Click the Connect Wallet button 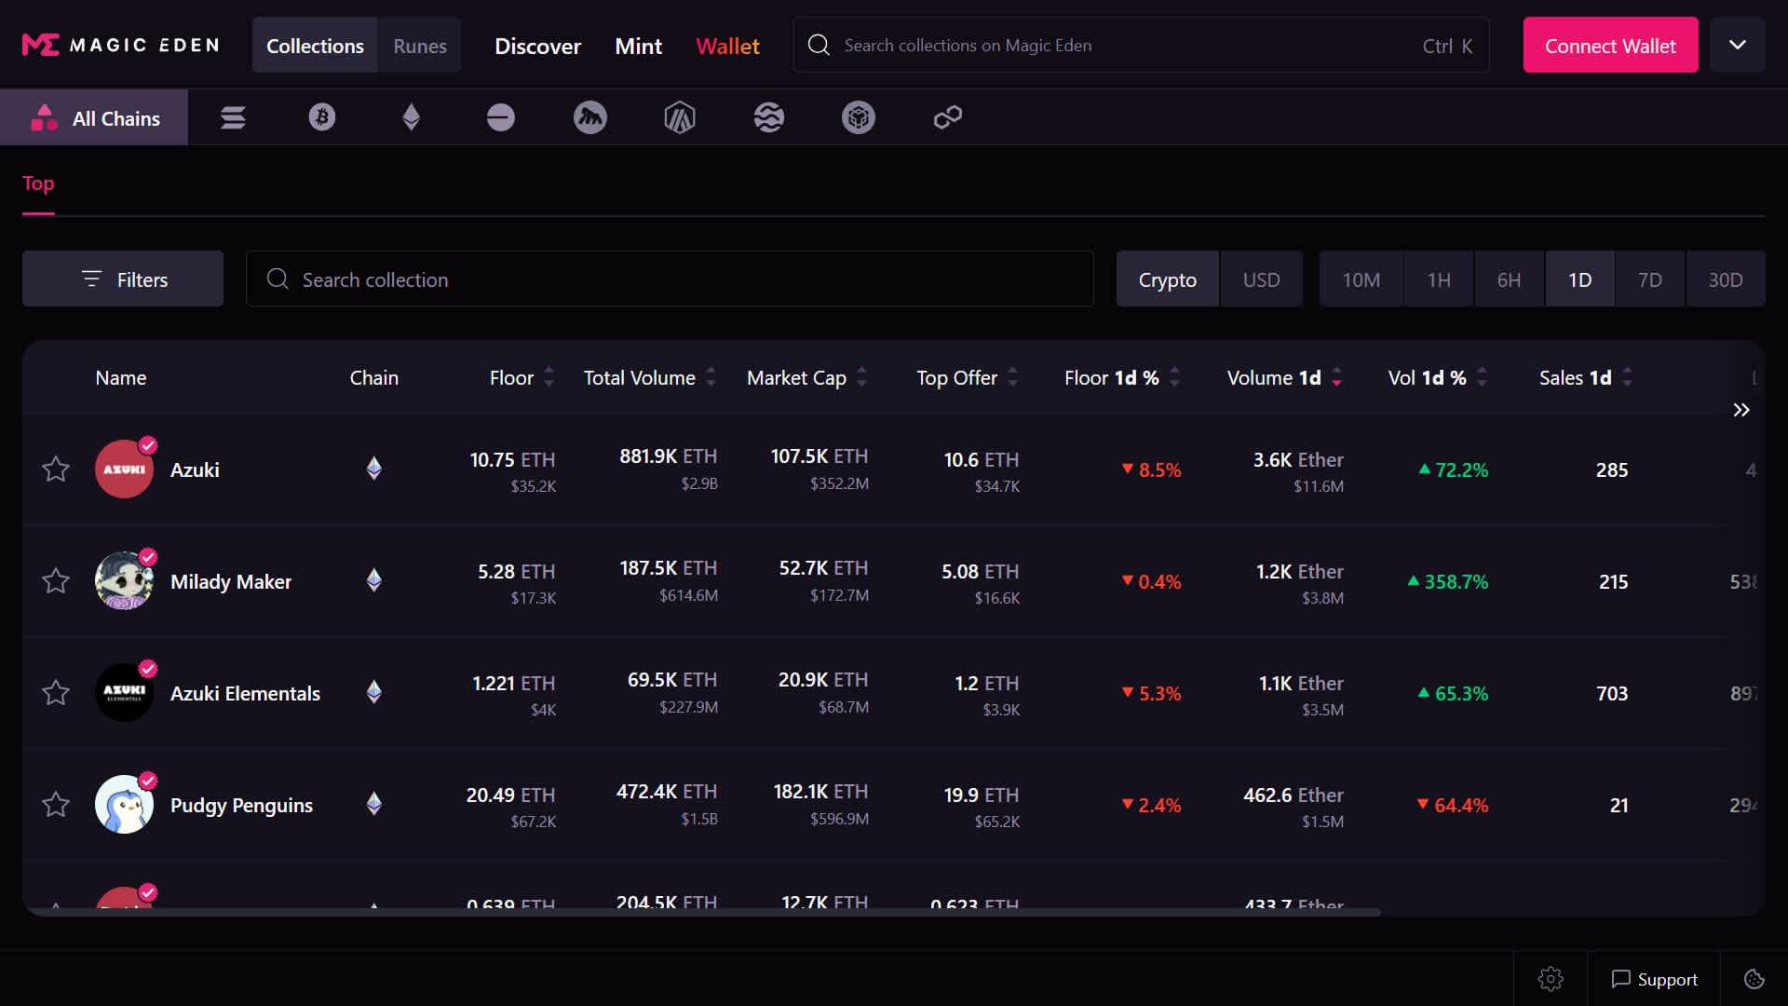pos(1609,46)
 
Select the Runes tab pos(419,46)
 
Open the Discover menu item pos(537,46)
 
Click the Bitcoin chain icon pos(322,117)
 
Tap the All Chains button pos(94,118)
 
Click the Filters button pos(123,279)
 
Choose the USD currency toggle pos(1261,279)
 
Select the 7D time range pos(1649,279)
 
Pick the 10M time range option pos(1361,279)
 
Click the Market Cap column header pos(796,378)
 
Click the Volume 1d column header pos(1273,378)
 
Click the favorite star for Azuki pos(56,469)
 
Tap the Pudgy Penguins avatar pos(124,805)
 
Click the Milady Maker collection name pos(231,582)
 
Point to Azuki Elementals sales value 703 pos(1611,694)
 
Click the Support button pos(1654,980)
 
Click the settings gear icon pos(1551,980)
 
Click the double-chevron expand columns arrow pos(1741,411)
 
